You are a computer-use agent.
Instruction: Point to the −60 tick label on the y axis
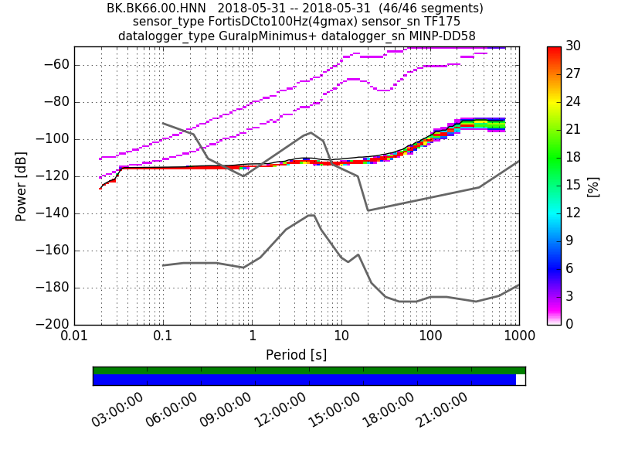pyautogui.click(x=56, y=65)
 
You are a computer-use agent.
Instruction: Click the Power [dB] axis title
pyautogui.click(x=22, y=186)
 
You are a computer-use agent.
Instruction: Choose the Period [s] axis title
pyautogui.click(x=296, y=355)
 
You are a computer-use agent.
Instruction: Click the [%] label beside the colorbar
pyautogui.click(x=593, y=186)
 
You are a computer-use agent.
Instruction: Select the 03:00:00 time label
pyautogui.click(x=117, y=409)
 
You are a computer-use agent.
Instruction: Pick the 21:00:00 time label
pyautogui.click(x=442, y=409)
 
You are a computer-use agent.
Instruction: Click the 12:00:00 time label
pyautogui.click(x=280, y=409)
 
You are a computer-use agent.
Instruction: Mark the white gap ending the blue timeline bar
pyautogui.click(x=520, y=380)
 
